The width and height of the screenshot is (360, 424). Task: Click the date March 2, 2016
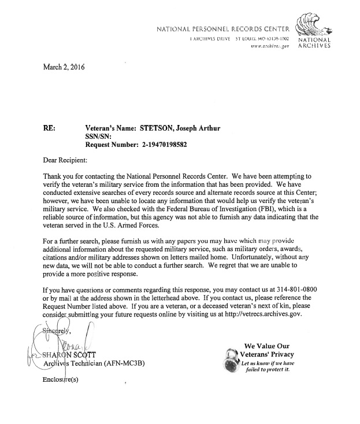coord(64,67)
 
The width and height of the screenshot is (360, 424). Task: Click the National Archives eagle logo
coord(312,24)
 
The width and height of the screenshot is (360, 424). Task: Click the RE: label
coord(50,128)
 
